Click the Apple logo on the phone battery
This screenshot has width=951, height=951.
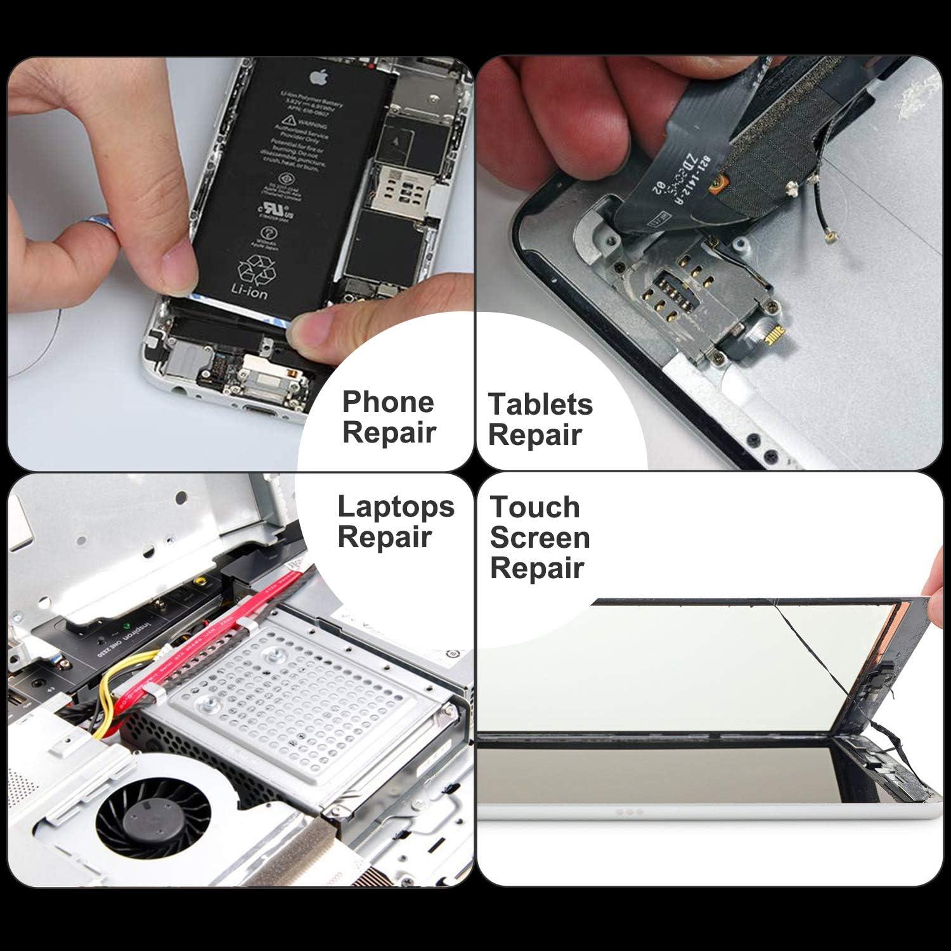[x=318, y=77]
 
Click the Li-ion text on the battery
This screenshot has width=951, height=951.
[x=249, y=292]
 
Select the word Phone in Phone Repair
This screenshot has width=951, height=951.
[x=388, y=402]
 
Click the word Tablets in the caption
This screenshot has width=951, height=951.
[x=540, y=404]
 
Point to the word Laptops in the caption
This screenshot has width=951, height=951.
[x=396, y=507]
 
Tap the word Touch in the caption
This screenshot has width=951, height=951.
[x=534, y=507]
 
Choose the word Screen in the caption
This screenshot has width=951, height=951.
[x=540, y=538]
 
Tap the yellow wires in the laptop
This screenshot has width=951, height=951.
[x=108, y=691]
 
